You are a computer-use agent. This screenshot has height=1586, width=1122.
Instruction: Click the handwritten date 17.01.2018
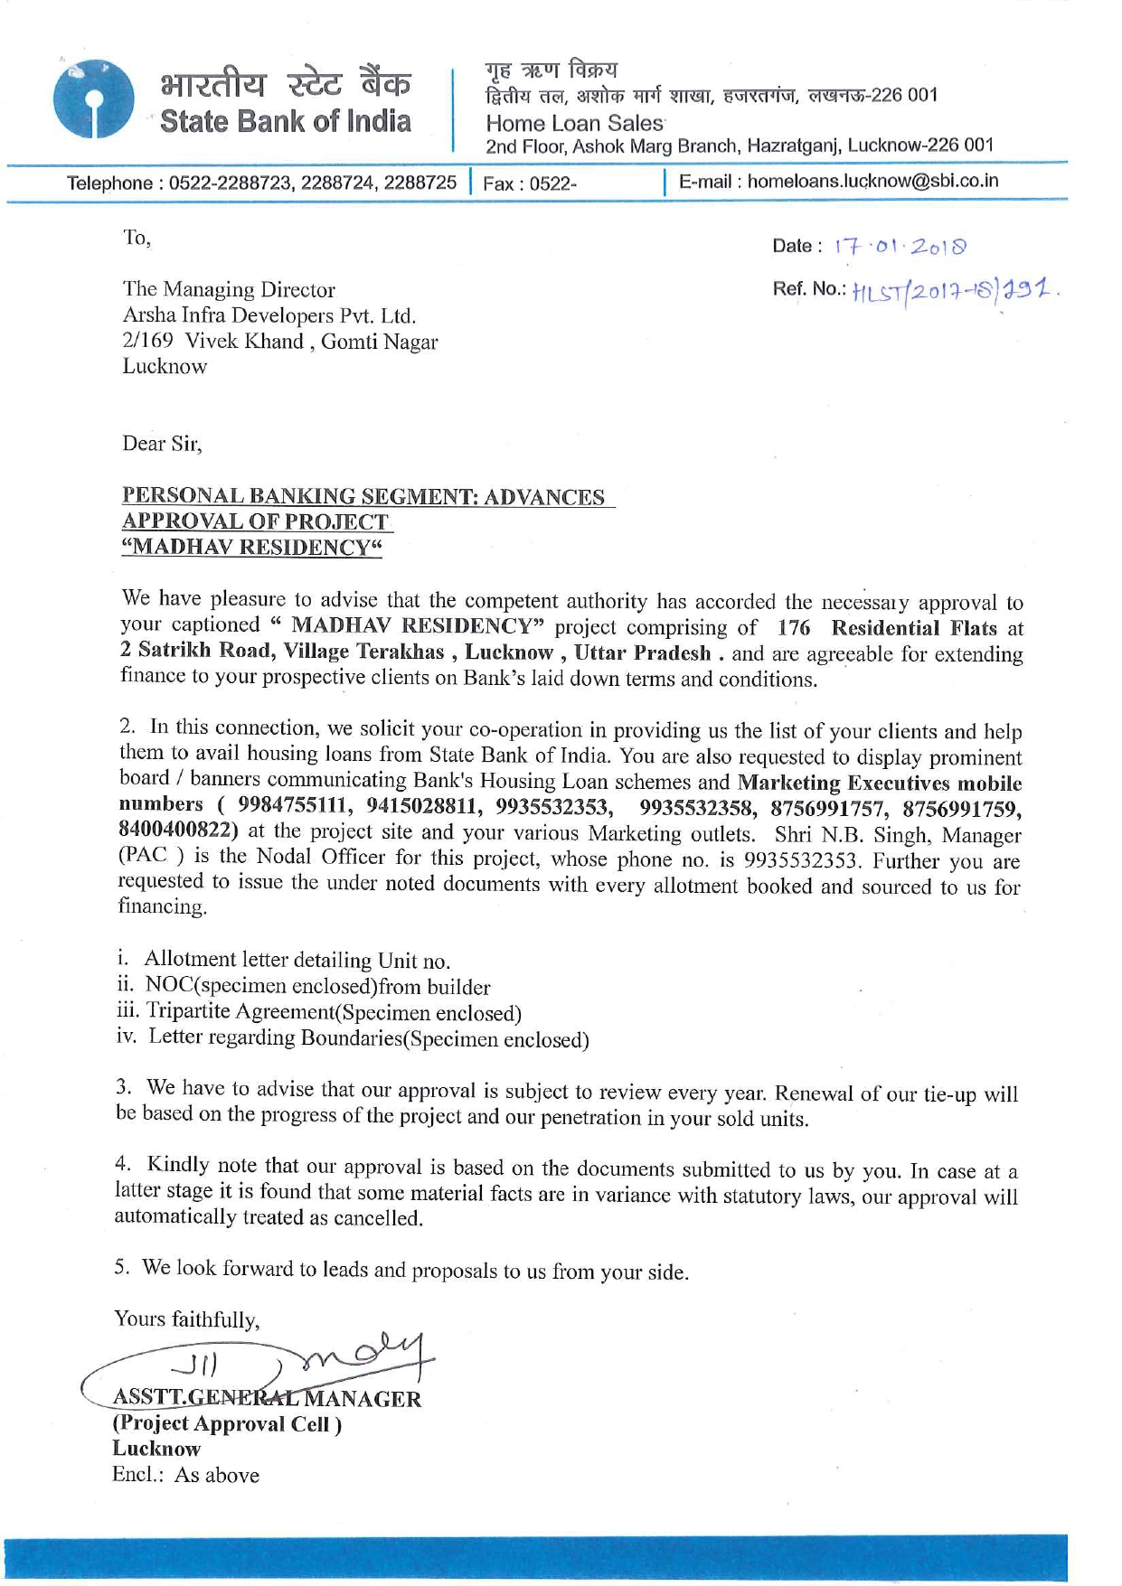[900, 246]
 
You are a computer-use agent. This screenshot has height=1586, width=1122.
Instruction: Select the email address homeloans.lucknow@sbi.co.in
[872, 181]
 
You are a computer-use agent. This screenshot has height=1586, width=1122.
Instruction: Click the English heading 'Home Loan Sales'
[574, 123]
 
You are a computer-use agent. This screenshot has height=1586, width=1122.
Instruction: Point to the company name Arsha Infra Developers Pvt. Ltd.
[269, 315]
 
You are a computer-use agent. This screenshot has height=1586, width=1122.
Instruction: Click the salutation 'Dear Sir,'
[163, 444]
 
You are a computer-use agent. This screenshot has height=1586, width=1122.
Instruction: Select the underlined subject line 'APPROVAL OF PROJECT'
[256, 521]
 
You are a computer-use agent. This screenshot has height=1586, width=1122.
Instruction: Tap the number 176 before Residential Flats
[793, 628]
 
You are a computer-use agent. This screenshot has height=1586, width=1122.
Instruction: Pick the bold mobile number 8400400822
[178, 829]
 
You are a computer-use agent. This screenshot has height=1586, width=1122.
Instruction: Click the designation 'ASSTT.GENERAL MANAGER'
[267, 1398]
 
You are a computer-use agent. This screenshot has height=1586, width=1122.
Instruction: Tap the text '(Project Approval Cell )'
[227, 1423]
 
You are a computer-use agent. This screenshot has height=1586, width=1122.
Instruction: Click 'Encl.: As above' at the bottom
[185, 1475]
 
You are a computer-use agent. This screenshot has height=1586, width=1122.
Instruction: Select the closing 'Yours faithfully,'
[187, 1319]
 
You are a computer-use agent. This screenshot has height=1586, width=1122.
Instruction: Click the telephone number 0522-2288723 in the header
[231, 183]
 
